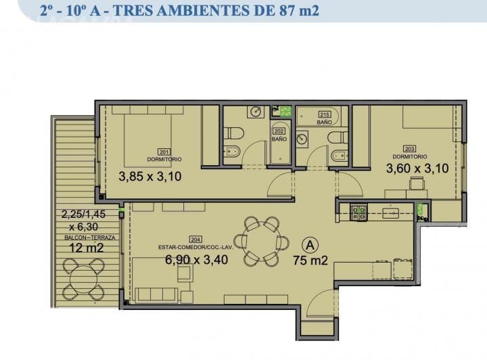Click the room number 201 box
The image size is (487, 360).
(163, 152)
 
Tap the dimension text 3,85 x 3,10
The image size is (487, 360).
(149, 177)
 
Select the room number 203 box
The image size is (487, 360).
(409, 150)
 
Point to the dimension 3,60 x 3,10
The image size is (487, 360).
(417, 168)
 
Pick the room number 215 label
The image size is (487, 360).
(324, 114)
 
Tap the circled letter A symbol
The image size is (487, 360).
(310, 244)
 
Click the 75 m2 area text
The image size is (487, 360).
(310, 260)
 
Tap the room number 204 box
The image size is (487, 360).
(196, 239)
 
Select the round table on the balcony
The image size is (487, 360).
(83, 279)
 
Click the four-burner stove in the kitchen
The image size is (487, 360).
(358, 213)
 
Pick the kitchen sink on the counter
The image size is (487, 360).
(391, 213)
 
